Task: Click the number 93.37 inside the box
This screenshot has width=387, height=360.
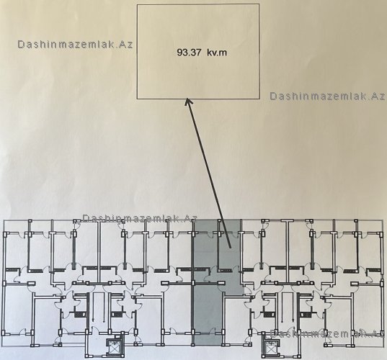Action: coord(189,53)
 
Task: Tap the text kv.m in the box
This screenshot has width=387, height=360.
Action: coord(217,53)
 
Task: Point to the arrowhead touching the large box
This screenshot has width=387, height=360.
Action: coord(189,102)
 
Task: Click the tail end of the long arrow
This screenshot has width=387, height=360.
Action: coord(231,248)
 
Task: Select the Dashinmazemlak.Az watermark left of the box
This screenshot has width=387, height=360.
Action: coord(75,45)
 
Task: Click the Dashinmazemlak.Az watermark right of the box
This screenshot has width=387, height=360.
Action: coord(327,96)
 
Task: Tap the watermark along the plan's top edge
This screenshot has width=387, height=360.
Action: coord(140,218)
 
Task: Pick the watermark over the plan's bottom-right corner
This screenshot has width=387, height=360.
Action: coord(327,333)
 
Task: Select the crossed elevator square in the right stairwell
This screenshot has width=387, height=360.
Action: coord(271,346)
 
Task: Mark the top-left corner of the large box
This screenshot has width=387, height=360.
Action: coord(137,4)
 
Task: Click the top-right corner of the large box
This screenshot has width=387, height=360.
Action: coord(259,4)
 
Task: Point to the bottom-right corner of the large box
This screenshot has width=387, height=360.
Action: coord(259,99)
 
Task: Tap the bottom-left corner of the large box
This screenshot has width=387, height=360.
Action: coord(137,99)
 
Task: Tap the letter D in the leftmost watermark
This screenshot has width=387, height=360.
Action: coord(21,45)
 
